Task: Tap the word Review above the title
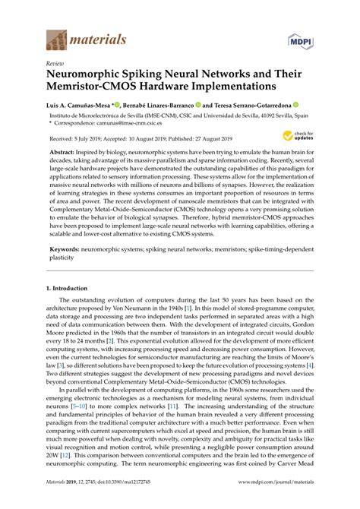click(55, 65)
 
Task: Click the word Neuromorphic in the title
click(90, 77)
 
